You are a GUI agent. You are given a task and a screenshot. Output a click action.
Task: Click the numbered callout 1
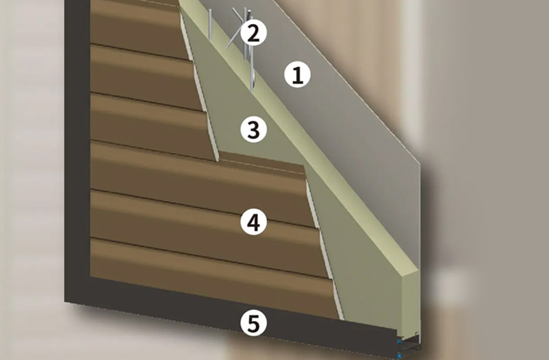tap(297, 75)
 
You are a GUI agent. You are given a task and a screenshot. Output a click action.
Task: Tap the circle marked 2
tap(253, 33)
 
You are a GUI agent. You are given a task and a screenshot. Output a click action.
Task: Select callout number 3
tap(253, 130)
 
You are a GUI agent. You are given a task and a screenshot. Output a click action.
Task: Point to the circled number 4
tap(253, 222)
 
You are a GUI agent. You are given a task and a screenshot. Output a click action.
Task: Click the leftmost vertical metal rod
tap(210, 24)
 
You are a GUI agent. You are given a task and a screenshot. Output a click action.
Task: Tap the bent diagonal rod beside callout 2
tap(234, 29)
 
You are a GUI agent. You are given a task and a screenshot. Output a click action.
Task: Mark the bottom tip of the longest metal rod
tap(252, 91)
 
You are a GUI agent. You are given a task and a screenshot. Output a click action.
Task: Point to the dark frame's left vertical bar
tap(78, 150)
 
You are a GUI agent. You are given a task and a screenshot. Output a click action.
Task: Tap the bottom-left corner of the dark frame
tap(65, 302)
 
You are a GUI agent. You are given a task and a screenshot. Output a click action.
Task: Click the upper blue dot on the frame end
tap(399, 341)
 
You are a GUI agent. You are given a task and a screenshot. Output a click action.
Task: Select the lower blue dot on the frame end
tap(399, 355)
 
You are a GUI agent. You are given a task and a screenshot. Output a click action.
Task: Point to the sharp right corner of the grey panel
tap(419, 164)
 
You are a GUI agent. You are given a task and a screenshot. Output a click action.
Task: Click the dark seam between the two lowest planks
tap(209, 258)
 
